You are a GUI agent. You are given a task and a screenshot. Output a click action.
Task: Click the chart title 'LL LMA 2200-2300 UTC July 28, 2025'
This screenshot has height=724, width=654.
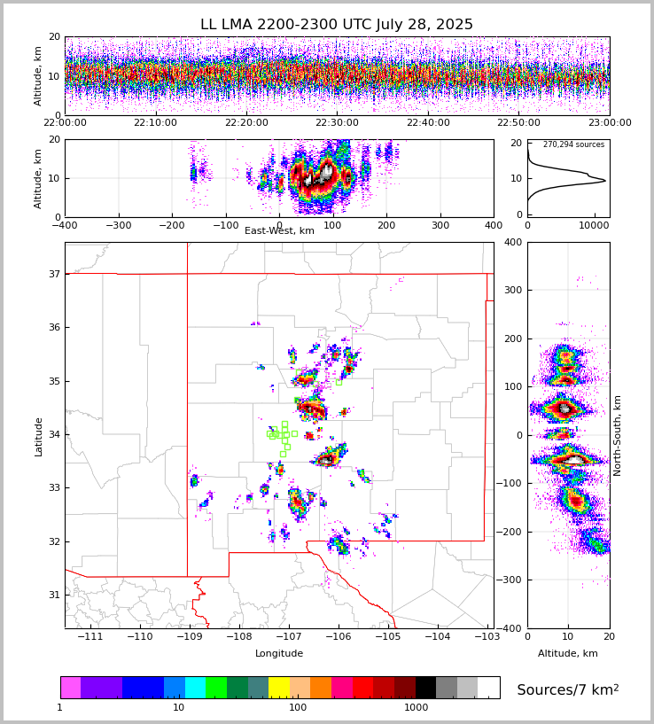[x=337, y=25]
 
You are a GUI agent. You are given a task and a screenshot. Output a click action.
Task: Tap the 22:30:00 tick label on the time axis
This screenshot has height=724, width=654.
[x=337, y=123]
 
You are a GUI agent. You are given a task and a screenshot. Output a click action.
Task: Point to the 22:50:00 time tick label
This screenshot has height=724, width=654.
[x=518, y=123]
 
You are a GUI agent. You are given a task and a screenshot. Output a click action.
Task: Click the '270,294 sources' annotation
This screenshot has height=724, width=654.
[x=573, y=145]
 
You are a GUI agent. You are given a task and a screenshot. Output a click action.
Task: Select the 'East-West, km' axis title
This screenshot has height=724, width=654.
[x=279, y=231]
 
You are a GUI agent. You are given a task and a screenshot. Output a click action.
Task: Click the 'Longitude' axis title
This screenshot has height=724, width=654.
[x=279, y=654]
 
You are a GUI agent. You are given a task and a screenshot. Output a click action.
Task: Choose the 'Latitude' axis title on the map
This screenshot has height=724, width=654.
[x=38, y=436]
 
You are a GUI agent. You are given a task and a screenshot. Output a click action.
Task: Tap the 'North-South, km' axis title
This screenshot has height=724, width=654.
[x=617, y=435]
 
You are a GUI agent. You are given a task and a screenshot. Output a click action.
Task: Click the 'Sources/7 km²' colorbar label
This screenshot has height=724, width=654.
[x=568, y=689]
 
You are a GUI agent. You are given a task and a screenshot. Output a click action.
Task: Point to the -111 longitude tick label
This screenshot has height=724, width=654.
[x=90, y=637]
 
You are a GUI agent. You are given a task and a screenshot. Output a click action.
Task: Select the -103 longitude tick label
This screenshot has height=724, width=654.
[x=487, y=637]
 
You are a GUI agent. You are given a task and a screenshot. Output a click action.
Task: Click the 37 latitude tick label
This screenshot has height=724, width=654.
[x=53, y=274]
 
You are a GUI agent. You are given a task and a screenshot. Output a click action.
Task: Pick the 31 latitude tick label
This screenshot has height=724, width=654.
[x=53, y=595]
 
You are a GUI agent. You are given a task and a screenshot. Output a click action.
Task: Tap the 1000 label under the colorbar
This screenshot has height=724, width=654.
[x=416, y=707]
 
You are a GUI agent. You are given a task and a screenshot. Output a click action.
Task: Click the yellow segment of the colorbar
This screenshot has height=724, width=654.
[x=279, y=688]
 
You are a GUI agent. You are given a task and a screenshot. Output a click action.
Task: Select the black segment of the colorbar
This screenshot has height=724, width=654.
[x=426, y=688]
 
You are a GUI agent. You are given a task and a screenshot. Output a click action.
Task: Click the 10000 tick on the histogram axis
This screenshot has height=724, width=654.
[x=598, y=225]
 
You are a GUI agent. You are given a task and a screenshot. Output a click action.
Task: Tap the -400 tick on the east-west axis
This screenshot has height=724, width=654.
[x=65, y=225]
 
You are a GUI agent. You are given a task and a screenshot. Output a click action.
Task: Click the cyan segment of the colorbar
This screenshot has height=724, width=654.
[x=195, y=688]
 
